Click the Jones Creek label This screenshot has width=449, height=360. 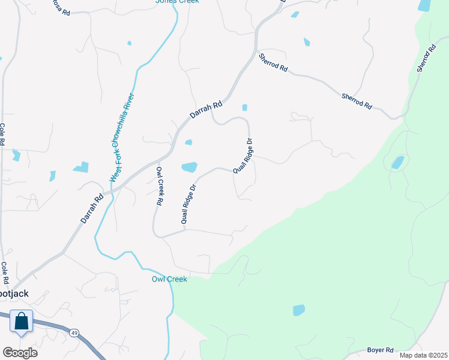(x=177, y=2)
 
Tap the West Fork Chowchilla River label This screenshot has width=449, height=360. (x=122, y=137)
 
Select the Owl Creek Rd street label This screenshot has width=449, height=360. (x=160, y=187)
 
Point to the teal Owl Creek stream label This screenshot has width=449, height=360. (x=169, y=279)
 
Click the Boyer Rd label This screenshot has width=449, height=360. (x=381, y=350)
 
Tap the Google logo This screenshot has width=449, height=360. (x=20, y=352)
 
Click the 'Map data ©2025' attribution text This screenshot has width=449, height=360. (x=424, y=355)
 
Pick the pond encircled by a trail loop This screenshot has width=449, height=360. (x=397, y=163)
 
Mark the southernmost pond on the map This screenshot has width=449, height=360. (x=298, y=310)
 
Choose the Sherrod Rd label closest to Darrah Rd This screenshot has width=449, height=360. (x=273, y=63)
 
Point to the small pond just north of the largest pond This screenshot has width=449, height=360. (x=188, y=142)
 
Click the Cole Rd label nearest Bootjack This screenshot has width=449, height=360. (x=4, y=273)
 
